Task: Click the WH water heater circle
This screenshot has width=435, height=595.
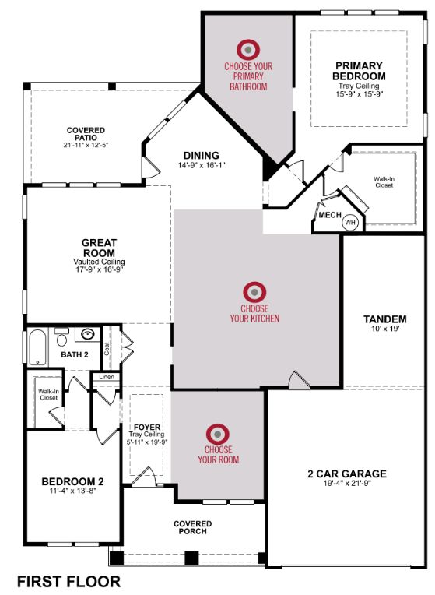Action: click(350, 223)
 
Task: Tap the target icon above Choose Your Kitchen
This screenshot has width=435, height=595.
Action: click(254, 292)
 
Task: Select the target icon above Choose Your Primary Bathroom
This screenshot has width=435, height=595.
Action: click(248, 50)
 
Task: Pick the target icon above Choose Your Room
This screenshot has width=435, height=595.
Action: click(218, 434)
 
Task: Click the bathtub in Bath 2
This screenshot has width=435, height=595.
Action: click(37, 347)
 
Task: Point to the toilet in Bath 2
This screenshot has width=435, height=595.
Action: click(61, 337)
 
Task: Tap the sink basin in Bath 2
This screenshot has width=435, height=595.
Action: click(88, 334)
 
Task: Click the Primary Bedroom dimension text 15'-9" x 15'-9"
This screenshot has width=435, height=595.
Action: click(360, 93)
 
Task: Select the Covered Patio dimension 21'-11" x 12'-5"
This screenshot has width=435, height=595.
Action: click(86, 145)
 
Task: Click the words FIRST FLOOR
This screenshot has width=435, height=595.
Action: click(69, 581)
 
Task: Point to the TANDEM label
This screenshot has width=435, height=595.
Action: click(385, 319)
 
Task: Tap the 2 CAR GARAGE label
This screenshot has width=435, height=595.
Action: click(347, 474)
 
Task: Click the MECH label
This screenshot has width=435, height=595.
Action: click(330, 215)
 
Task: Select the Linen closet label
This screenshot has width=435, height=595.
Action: click(107, 377)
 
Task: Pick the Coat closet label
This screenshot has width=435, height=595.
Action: click(107, 349)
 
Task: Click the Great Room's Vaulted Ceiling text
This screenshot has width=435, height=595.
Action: click(99, 262)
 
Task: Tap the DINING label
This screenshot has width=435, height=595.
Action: click(202, 155)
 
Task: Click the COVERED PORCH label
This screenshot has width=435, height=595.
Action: click(193, 527)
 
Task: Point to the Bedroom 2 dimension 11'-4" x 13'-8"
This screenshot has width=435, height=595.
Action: click(73, 491)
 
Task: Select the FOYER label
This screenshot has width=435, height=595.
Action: click(147, 428)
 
